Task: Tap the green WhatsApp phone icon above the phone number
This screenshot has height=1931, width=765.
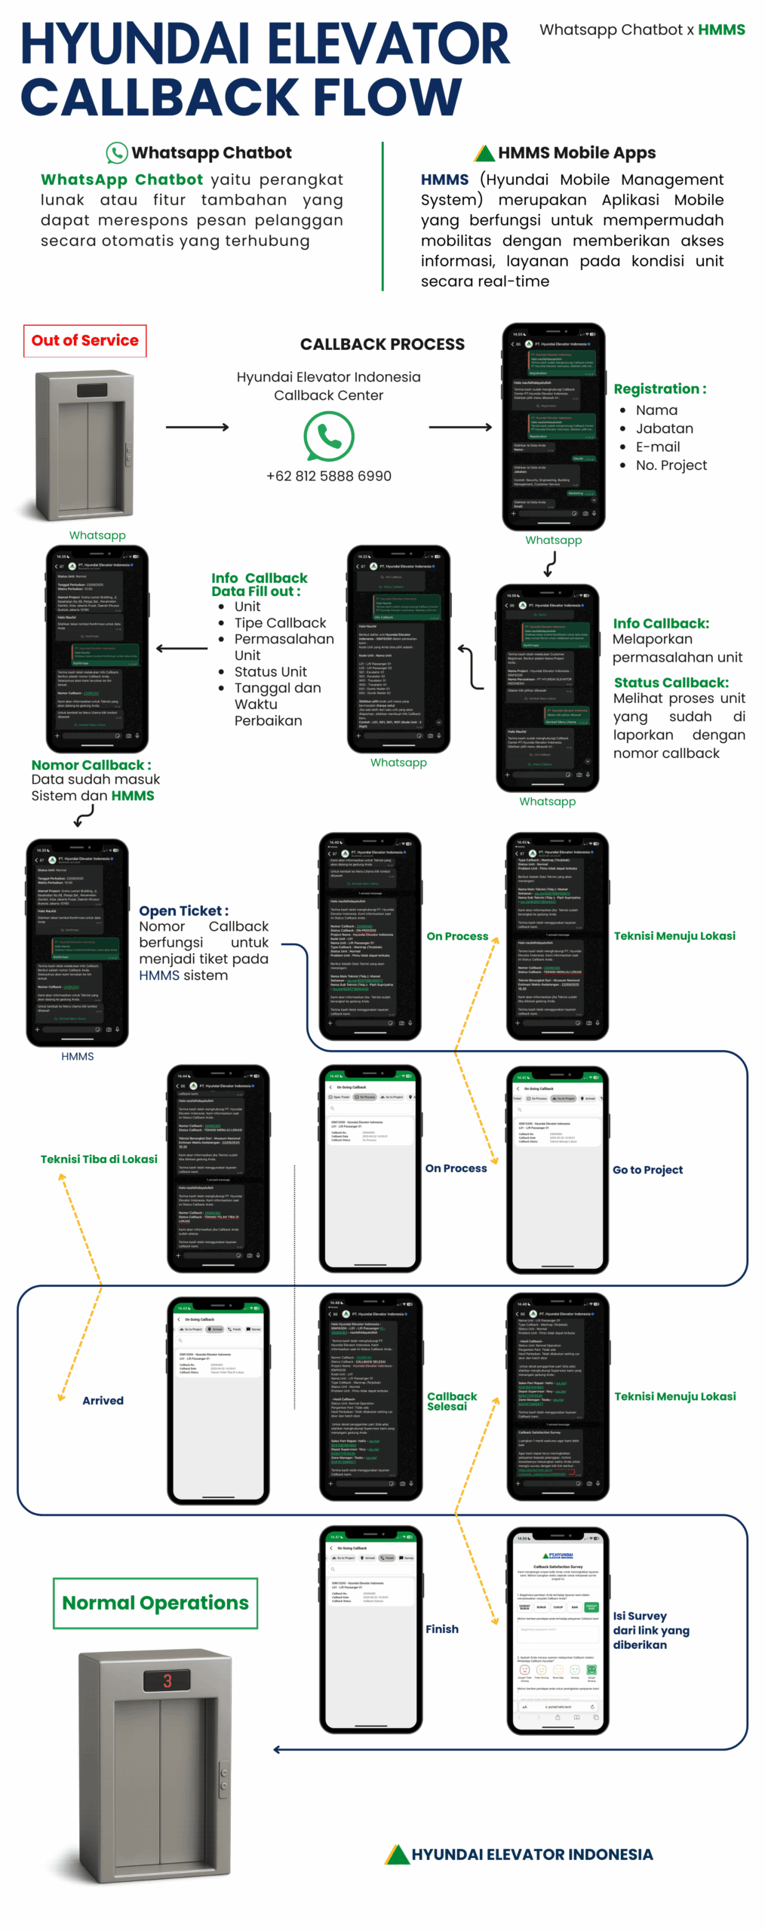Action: click(328, 435)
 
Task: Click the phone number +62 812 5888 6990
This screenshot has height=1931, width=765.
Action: click(328, 476)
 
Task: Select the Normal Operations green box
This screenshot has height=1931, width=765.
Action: click(155, 1602)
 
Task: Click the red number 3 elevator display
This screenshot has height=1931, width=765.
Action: click(167, 1681)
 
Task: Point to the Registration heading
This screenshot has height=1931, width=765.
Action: click(659, 388)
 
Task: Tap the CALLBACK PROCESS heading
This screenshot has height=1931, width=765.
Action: click(382, 344)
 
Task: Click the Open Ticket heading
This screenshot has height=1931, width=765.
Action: click(183, 910)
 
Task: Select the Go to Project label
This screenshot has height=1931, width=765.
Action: click(647, 1169)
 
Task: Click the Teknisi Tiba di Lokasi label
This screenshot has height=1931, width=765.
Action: click(99, 1159)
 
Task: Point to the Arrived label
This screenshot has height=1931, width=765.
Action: click(103, 1400)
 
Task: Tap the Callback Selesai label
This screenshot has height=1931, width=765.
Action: click(451, 1401)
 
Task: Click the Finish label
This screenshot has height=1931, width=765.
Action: click(441, 1629)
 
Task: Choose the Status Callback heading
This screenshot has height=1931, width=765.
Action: click(671, 682)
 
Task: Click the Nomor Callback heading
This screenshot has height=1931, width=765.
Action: click(91, 765)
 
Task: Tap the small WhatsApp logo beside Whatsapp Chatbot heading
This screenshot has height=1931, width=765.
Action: click(116, 152)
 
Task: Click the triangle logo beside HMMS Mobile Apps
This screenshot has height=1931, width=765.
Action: click(484, 153)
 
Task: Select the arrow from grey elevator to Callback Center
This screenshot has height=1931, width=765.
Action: click(196, 427)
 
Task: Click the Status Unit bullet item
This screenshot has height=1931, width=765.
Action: click(270, 671)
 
